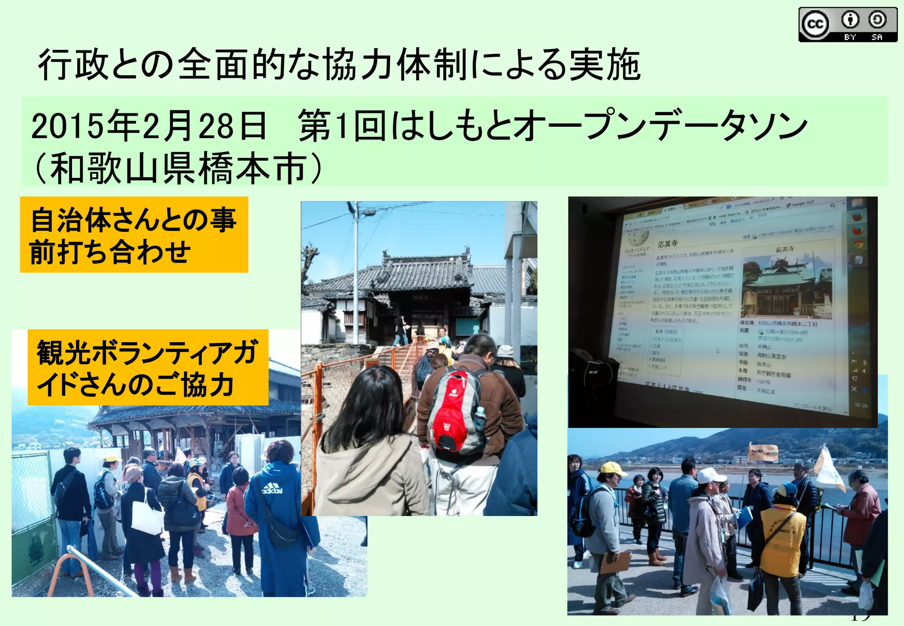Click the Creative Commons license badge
847,25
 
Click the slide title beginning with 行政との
339,65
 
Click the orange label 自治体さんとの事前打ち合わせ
134,235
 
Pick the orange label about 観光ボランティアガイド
148,367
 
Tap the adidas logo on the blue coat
272,489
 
